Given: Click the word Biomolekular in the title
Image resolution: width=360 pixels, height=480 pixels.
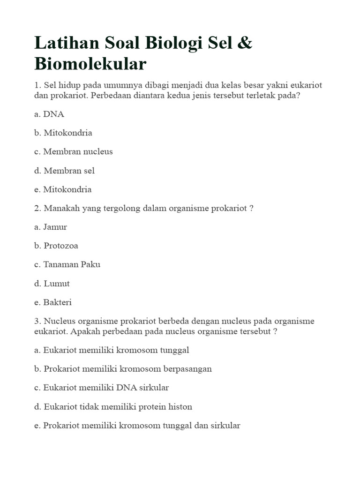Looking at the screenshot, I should [x=90, y=64].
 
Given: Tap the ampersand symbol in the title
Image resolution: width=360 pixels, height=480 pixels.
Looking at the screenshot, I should [x=245, y=43].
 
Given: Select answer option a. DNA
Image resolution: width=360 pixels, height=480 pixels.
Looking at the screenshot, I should [x=49, y=114].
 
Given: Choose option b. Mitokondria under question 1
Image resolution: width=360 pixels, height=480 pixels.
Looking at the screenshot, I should [x=63, y=133].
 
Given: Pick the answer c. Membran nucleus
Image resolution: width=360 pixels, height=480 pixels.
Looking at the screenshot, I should [x=73, y=151].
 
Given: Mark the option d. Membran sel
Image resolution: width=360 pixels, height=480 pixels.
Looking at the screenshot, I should [x=64, y=171].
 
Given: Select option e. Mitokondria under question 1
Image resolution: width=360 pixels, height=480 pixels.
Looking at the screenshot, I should [x=63, y=189].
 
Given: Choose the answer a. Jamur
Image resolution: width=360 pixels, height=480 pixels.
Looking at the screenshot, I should [x=51, y=227].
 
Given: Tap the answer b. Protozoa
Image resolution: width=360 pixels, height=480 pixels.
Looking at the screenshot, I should [x=56, y=246].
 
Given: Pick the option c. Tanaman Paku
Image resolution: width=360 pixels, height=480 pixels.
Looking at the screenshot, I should [x=67, y=264].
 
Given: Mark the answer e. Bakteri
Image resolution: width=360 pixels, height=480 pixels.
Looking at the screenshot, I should [x=53, y=302].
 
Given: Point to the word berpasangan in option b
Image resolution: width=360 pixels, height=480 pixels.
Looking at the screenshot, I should [x=187, y=368].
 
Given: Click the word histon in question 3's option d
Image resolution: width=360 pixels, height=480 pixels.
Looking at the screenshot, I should [x=181, y=406].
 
